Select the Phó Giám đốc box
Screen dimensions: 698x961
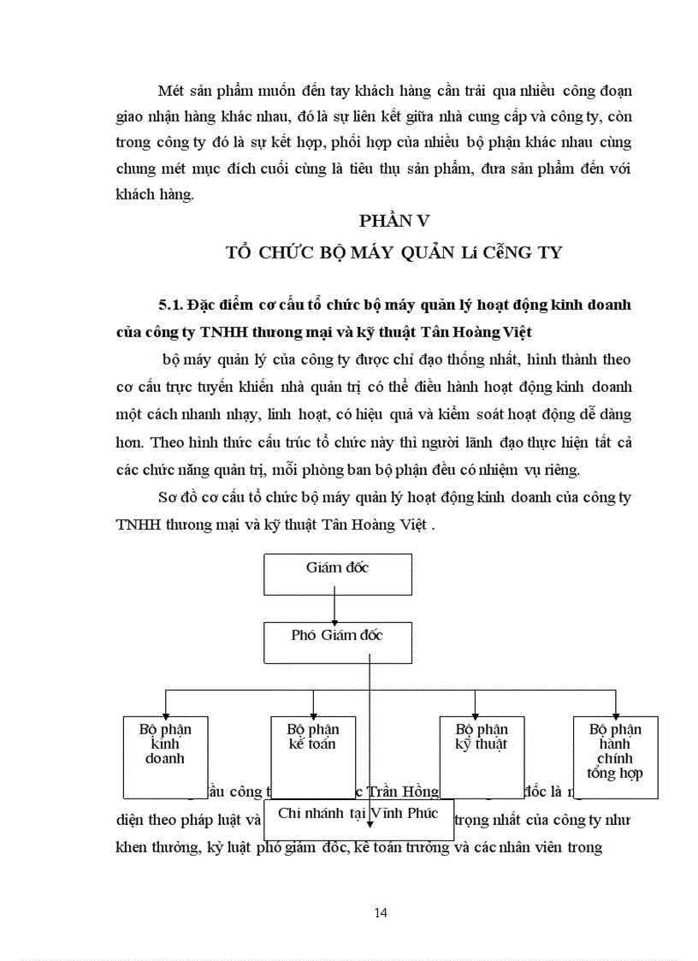[337, 642]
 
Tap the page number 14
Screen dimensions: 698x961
[382, 912]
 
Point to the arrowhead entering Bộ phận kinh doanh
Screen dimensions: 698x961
[165, 711]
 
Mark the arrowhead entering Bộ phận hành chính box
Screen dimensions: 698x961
[615, 711]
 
